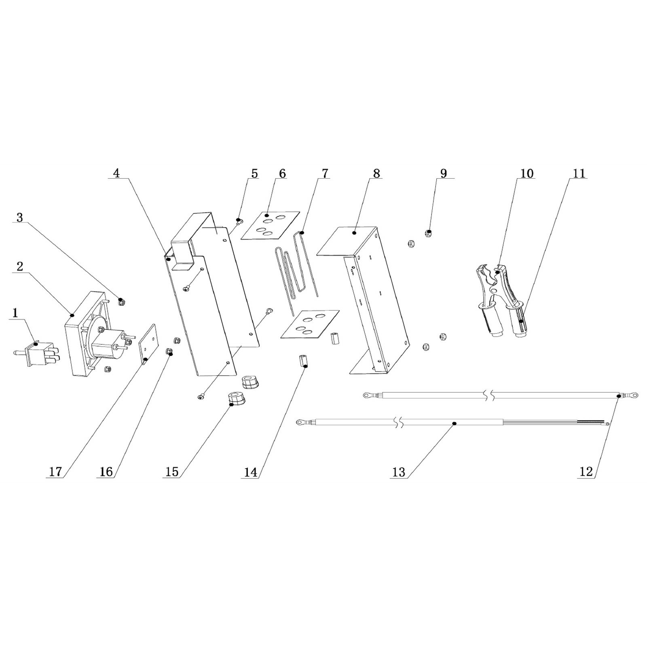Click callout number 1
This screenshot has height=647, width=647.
[15, 313]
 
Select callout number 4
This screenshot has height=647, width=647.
[116, 173]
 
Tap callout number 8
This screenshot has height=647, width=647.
[376, 173]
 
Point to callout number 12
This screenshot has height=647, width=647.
[586, 472]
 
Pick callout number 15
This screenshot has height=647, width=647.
[172, 472]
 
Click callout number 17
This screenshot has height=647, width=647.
[55, 472]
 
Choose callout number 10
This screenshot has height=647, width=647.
[527, 173]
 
